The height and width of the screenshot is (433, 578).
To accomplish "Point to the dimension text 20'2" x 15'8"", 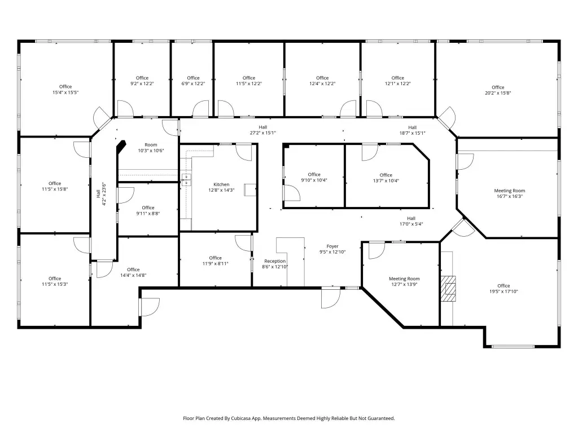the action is click(498, 93).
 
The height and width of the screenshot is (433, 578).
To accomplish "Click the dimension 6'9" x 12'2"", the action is click(193, 83).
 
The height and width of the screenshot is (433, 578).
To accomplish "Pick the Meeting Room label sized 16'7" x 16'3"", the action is click(510, 193).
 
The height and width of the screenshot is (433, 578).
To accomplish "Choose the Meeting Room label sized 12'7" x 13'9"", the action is click(404, 281).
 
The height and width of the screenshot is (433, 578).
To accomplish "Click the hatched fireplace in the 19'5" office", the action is click(449, 289).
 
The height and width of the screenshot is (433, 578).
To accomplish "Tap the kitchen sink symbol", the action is click(186, 180).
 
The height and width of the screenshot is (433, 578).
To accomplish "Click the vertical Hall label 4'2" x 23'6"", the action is click(101, 194).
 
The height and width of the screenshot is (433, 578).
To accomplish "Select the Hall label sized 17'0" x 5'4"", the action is click(411, 221).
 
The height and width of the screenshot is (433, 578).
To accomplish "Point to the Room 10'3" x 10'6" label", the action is click(151, 148).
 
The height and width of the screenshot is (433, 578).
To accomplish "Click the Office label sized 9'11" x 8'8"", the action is click(148, 210).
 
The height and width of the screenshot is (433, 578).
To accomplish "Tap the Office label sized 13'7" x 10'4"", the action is click(386, 178).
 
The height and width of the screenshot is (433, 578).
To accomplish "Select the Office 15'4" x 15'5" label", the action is click(65, 90).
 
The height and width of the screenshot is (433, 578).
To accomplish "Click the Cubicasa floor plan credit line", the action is click(289, 418).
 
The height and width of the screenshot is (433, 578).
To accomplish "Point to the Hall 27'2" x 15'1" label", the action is click(263, 130).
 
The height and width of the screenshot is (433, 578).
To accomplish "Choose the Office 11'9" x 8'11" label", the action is click(215, 260).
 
